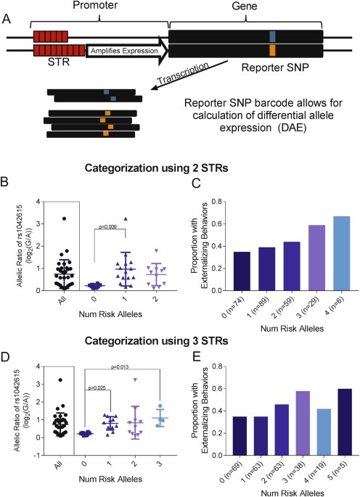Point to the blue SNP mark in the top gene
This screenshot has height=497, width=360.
pos(271,35)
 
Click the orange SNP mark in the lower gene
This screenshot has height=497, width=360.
pos(271,51)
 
